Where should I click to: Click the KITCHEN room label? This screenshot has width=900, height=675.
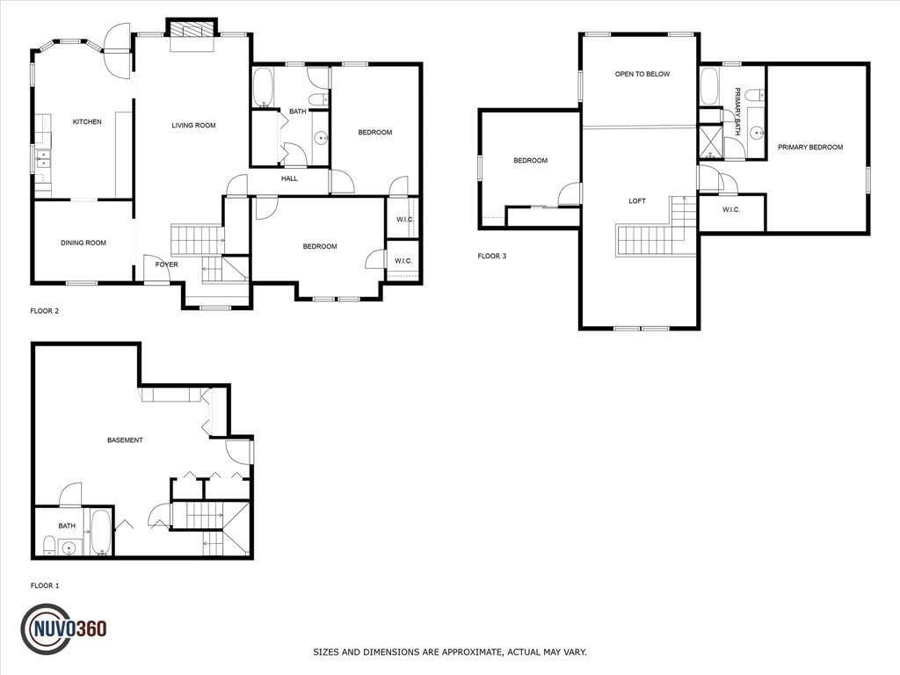pos(87,121)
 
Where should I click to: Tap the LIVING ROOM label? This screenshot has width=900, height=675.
pos(194,125)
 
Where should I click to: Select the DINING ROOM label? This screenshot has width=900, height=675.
pos(83,243)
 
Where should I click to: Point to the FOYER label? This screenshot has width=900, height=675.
pos(167,265)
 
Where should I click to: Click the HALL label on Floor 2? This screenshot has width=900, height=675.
pos(289,178)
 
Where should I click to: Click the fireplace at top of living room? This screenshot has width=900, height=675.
pos(192,31)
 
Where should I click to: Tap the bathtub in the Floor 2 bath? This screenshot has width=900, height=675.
pos(263,88)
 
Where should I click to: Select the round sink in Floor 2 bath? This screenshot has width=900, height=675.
pos(321,138)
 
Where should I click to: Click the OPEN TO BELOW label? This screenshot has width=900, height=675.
pos(642,74)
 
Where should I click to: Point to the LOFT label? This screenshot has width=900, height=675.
pos(637,201)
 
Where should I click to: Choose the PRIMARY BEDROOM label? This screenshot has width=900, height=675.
pos(810,147)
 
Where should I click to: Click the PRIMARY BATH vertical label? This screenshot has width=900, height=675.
pos(737,112)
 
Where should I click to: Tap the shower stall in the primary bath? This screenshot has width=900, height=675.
pos(709,142)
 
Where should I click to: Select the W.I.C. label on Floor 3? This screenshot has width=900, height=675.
pos(731,209)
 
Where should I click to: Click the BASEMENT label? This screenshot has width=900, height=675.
pos(125,440)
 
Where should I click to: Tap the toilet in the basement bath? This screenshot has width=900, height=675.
pos(49,545)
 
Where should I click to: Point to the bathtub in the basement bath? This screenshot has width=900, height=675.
pos(102,532)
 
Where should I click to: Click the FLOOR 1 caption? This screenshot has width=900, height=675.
pos(45,586)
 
